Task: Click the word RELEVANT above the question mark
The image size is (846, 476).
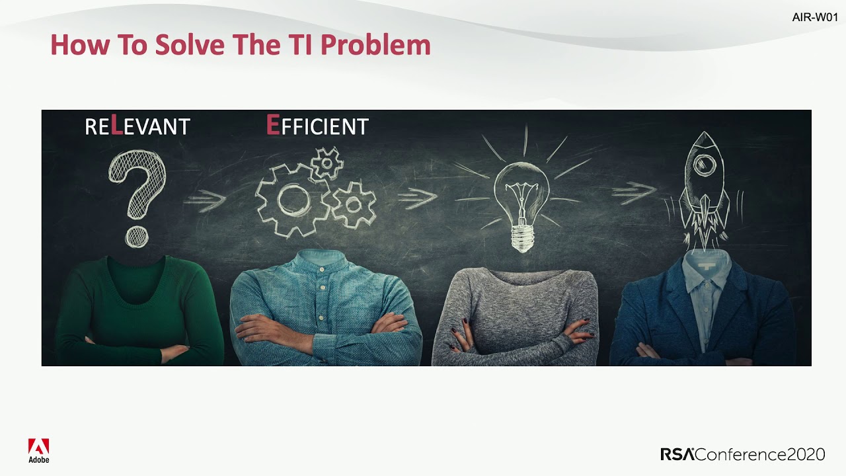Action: (x=137, y=126)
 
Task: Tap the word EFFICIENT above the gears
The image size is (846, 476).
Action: (x=317, y=125)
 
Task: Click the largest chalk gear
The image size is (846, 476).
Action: (x=291, y=199)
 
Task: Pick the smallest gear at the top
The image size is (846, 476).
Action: (x=327, y=163)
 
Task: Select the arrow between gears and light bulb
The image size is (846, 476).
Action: (x=417, y=196)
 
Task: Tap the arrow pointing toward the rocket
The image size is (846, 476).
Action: (x=633, y=192)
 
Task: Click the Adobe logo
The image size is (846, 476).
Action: (x=38, y=450)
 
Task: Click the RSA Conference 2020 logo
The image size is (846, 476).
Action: (x=742, y=454)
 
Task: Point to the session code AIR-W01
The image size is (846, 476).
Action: (x=814, y=18)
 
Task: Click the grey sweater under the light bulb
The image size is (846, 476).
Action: (x=516, y=311)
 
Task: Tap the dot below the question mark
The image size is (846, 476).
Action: (x=137, y=236)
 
